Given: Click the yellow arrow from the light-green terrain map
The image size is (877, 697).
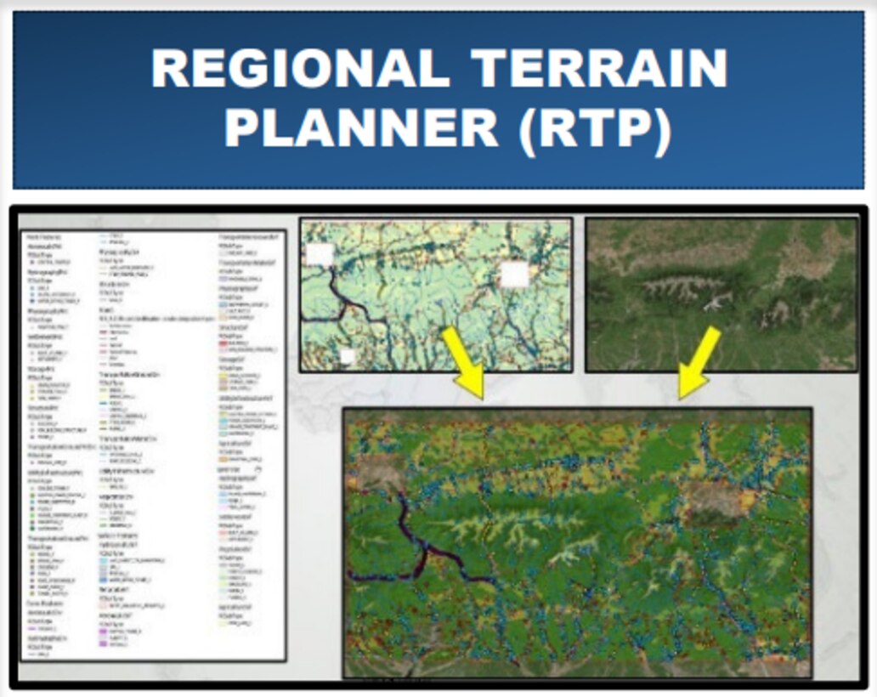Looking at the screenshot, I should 464,362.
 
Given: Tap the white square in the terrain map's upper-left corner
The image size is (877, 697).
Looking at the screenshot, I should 320,253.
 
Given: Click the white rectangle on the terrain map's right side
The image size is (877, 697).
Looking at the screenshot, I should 514,274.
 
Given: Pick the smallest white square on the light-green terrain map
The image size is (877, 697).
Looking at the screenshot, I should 347,356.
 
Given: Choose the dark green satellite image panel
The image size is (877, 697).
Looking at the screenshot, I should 721,294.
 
